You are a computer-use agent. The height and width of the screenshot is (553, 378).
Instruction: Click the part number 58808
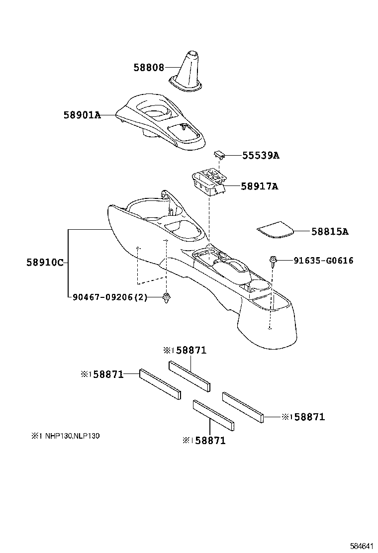(148, 67)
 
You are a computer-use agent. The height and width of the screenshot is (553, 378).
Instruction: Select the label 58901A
(82, 115)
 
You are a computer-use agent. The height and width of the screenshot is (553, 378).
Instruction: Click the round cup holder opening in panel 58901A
(152, 111)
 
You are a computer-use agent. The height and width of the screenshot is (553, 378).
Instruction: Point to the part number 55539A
(261, 156)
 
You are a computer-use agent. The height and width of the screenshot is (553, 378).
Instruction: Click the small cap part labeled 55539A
(220, 154)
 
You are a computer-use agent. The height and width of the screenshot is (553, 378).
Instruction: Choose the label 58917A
(259, 186)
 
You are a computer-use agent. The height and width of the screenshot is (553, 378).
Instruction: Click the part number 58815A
(330, 231)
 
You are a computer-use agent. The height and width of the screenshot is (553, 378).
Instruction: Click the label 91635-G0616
(323, 260)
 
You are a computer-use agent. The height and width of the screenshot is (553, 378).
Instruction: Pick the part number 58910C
(45, 262)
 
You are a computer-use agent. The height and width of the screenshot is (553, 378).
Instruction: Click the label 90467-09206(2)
(110, 297)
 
